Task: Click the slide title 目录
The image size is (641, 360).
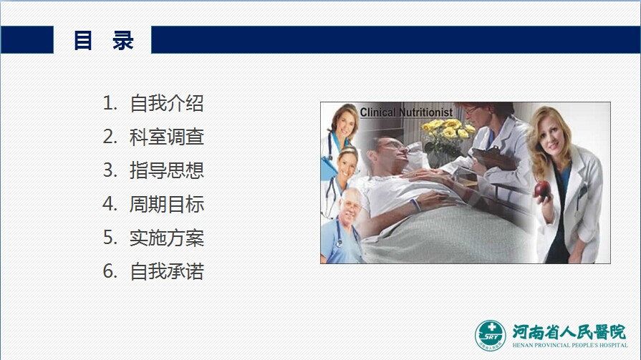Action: [104, 40]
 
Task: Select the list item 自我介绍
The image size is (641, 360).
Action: [167, 103]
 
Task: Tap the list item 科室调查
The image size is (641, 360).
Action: [167, 137]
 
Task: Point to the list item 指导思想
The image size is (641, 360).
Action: [167, 170]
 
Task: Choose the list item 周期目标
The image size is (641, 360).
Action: [167, 204]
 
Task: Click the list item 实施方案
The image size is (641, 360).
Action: [167, 238]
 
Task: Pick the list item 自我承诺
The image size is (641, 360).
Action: [167, 271]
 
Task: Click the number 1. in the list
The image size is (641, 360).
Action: [110, 103]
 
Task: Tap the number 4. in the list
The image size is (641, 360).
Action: [110, 204]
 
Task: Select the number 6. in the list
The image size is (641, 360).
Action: [110, 271]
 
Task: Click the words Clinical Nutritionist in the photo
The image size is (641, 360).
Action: [406, 112]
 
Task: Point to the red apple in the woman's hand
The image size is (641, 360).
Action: [542, 190]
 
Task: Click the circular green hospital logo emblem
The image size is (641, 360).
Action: [490, 336]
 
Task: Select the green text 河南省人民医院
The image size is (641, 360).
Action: [569, 332]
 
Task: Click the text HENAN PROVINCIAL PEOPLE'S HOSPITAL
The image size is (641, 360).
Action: [570, 345]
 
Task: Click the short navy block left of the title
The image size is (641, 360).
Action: [27, 39]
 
